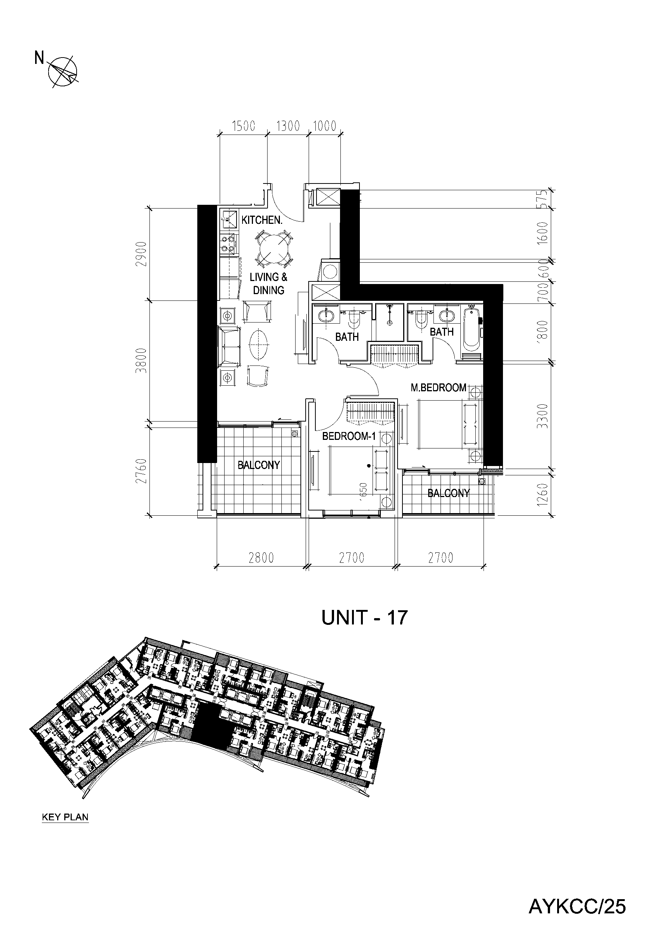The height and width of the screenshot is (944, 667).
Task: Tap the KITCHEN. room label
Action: [262, 220]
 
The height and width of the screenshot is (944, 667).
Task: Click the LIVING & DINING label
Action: [269, 284]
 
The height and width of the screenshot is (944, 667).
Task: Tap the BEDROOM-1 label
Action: [349, 436]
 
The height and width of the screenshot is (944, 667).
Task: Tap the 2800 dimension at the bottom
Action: [261, 558]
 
